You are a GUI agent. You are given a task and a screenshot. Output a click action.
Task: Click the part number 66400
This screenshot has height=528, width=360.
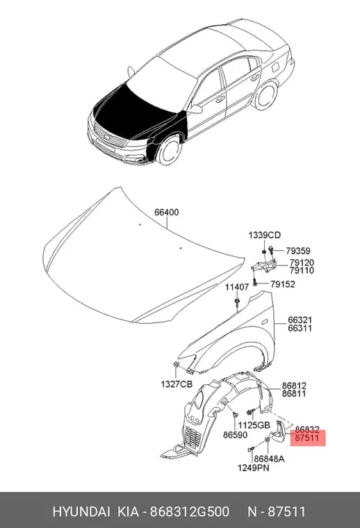coord(167,213)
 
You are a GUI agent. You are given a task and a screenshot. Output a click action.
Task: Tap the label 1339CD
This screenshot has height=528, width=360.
coord(264,235)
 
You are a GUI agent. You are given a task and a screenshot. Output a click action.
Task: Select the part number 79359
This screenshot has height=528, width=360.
coord(298,251)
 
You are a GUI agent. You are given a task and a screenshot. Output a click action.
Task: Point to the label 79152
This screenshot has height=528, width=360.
coord(283,284)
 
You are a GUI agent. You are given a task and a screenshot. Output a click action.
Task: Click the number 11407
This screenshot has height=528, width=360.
coord(237,287)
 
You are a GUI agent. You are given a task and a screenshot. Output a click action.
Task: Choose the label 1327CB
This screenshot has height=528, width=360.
coord(177,384)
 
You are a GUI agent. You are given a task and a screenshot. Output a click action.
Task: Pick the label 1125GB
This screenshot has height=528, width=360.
coord(254,425)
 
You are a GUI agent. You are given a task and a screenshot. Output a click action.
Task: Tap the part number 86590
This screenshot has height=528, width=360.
coord(235,435)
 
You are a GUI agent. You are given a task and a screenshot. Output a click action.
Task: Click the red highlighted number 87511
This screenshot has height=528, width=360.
coord(306,438)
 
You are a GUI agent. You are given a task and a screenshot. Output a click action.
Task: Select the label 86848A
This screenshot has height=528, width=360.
coord(269,459)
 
